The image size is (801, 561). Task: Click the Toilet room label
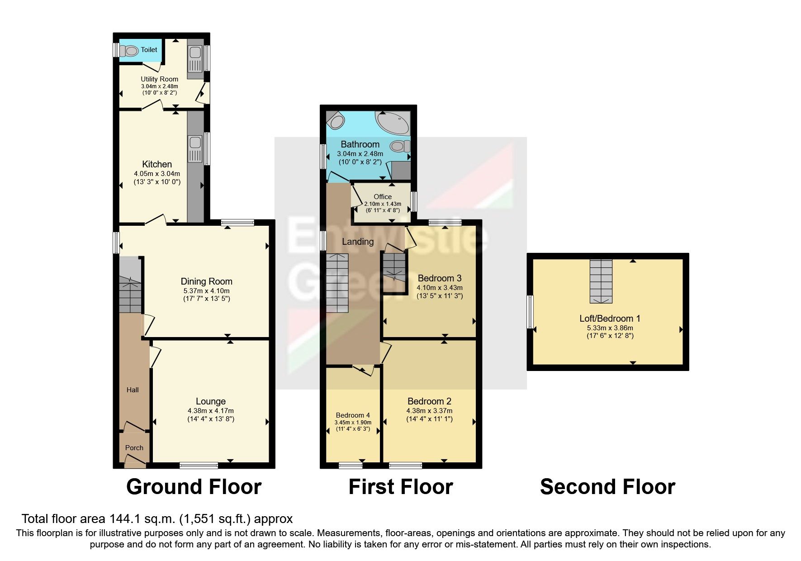[x=149, y=49]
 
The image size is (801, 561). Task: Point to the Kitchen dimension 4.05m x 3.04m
[x=157, y=173]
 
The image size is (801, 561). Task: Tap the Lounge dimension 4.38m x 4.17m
[x=211, y=410]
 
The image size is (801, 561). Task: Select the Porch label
[x=134, y=447]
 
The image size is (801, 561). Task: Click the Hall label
[x=133, y=390]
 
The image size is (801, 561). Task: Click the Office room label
[x=383, y=196]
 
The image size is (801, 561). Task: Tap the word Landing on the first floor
[x=357, y=242]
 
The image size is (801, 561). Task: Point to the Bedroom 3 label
[x=439, y=278]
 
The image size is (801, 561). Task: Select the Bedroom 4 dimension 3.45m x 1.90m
[x=353, y=422]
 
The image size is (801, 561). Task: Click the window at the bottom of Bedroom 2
[x=406, y=465]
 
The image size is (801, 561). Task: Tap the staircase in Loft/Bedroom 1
[x=601, y=281]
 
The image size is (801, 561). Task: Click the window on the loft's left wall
[x=530, y=312]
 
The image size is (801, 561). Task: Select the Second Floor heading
[x=607, y=487]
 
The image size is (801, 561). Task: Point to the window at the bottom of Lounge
[x=199, y=465]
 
